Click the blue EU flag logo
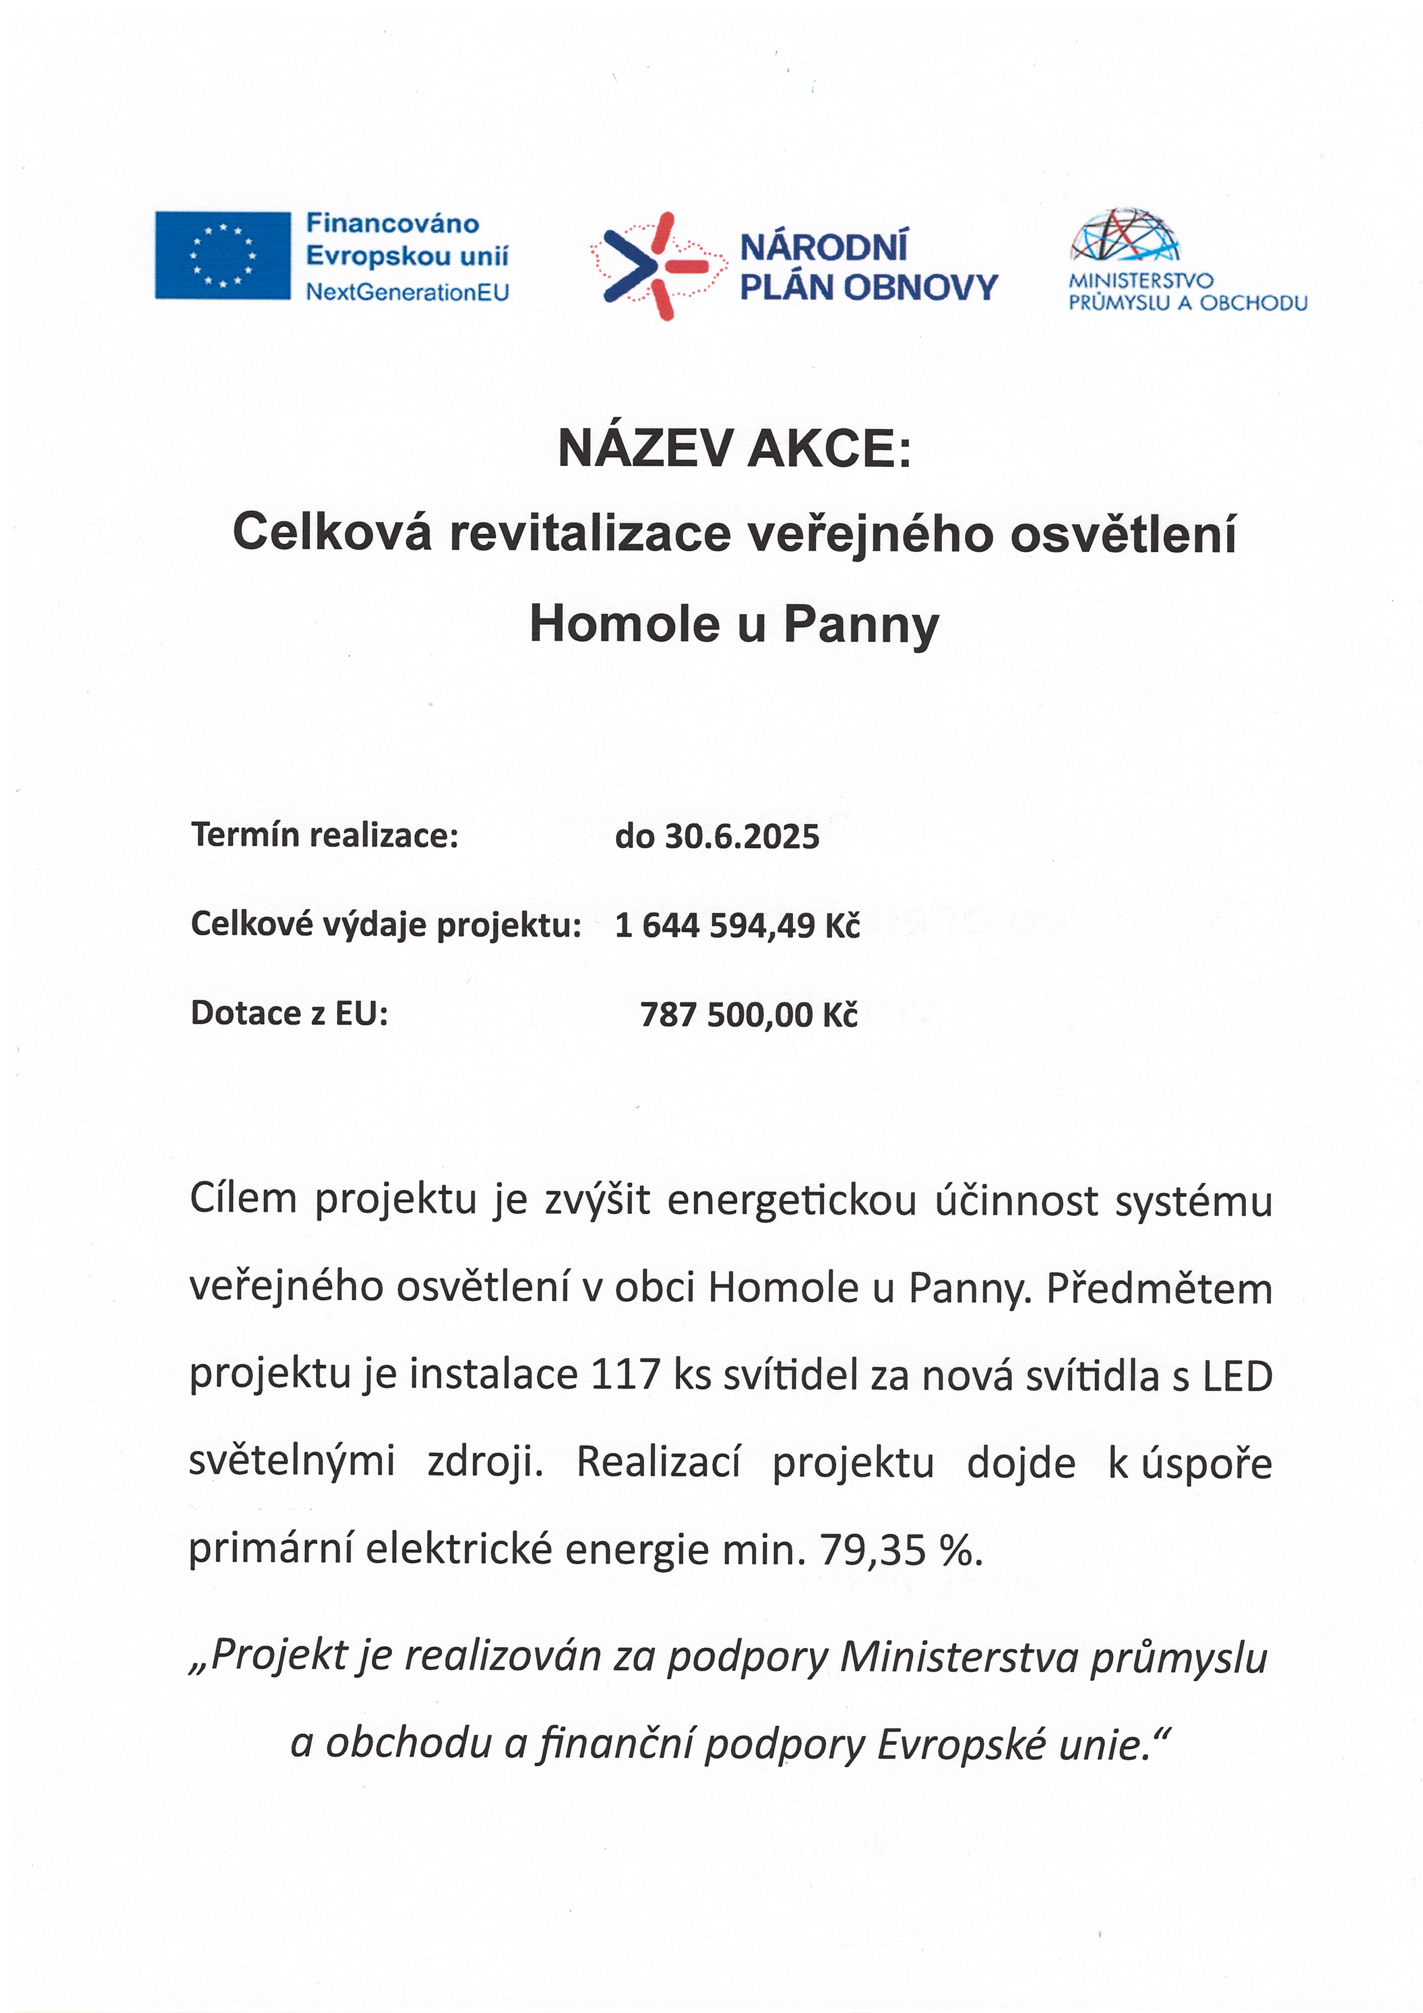click(x=223, y=255)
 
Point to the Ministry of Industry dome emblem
click(x=1125, y=235)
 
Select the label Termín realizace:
click(x=324, y=835)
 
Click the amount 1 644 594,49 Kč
click(x=737, y=926)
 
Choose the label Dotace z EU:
click(x=289, y=1014)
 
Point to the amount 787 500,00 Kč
click(x=749, y=1015)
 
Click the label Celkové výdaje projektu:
click(x=386, y=925)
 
